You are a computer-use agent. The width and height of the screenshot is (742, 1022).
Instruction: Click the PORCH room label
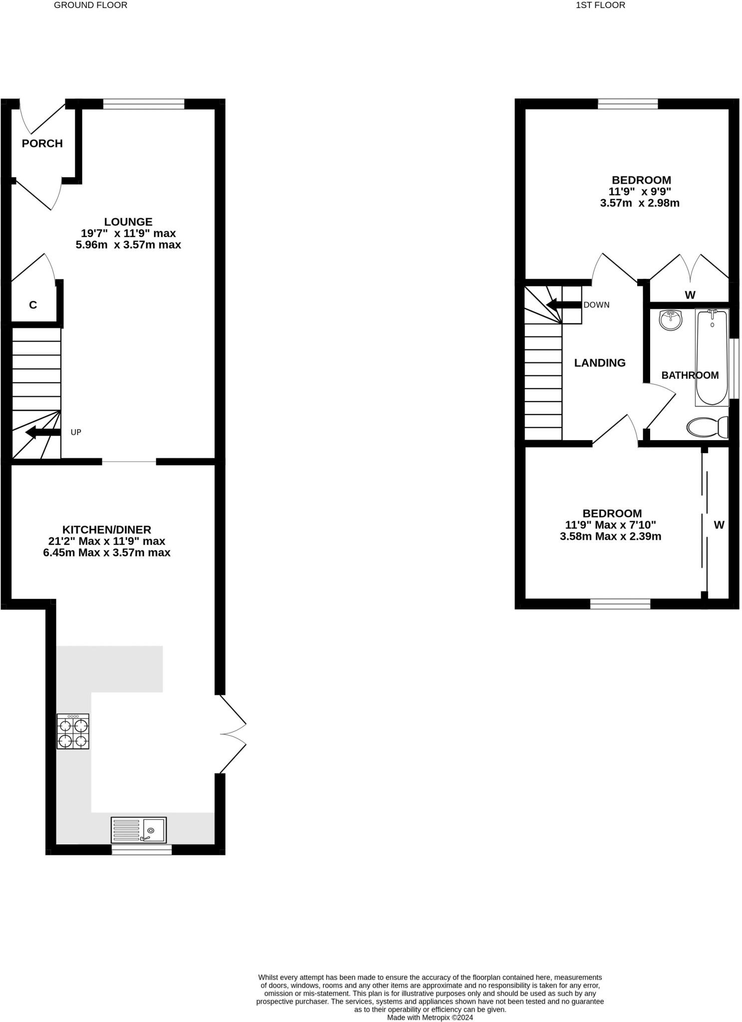pyautogui.click(x=42, y=144)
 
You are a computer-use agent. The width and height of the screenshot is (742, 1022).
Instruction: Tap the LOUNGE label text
pyautogui.click(x=128, y=222)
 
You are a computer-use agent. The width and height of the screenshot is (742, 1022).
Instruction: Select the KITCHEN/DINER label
pyautogui.click(x=106, y=529)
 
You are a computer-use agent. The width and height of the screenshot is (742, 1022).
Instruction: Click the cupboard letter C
pyautogui.click(x=33, y=305)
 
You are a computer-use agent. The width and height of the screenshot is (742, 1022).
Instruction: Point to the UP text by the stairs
pyautogui.click(x=76, y=432)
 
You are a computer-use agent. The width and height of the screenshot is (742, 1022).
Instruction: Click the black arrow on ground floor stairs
pyautogui.click(x=42, y=432)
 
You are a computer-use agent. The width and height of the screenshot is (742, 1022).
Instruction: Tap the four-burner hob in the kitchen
pyautogui.click(x=73, y=731)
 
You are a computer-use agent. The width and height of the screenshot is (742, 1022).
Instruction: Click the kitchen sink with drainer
pyautogui.click(x=139, y=830)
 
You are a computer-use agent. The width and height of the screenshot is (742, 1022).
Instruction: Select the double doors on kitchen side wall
pyautogui.click(x=233, y=734)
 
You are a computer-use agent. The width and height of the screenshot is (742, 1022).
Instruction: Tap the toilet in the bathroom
pyautogui.click(x=707, y=427)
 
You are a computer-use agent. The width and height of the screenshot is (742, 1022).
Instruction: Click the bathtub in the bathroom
pyautogui.click(x=712, y=357)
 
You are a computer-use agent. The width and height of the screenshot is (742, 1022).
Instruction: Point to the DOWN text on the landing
pyautogui.click(x=596, y=305)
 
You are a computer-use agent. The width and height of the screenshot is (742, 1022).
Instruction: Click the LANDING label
pyautogui.click(x=600, y=363)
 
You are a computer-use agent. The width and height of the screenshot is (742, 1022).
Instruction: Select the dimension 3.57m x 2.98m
pyautogui.click(x=640, y=203)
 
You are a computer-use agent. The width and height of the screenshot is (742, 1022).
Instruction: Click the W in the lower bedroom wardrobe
pyautogui.click(x=719, y=525)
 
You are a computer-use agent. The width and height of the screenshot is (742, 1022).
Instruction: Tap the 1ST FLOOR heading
pyautogui.click(x=600, y=5)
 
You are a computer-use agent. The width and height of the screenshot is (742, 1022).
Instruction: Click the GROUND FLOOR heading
pyautogui.click(x=90, y=5)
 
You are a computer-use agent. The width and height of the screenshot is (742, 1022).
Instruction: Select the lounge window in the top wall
pyautogui.click(x=144, y=104)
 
